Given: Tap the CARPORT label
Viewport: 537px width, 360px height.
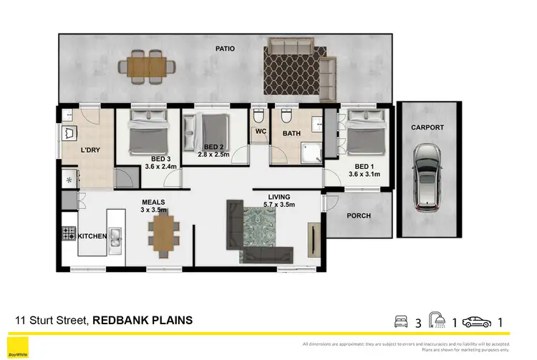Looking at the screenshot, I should click(427, 127).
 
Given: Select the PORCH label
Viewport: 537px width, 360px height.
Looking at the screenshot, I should click(358, 215).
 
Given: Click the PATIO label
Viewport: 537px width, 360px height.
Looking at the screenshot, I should click(225, 49).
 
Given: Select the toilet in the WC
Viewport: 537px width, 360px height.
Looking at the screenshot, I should click(260, 117).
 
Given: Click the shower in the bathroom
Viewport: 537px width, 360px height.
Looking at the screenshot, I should click(309, 152).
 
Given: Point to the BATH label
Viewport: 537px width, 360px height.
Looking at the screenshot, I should click(291, 133).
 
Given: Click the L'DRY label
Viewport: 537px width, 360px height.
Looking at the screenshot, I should click(90, 150).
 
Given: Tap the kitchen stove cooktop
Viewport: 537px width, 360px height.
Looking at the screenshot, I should click(69, 233).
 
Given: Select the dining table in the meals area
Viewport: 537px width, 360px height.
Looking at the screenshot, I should click(163, 235).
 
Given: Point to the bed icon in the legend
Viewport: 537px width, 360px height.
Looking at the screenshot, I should click(400, 321).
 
